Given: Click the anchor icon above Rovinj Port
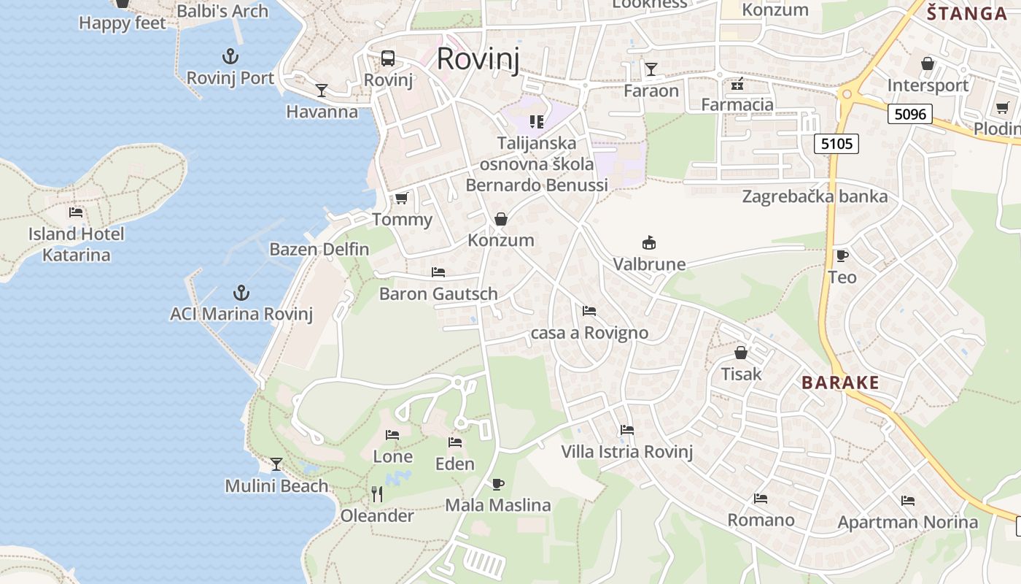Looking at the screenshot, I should pos(230,56).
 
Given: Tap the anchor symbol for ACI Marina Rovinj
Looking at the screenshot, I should pos(241,293).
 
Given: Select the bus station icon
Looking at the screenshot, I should pos(388,58).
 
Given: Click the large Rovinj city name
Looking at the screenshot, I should pos(478,59).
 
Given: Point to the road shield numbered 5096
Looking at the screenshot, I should pos(910,114).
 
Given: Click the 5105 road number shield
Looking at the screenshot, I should pos(836,144).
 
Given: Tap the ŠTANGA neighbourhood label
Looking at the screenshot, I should pos(967,13).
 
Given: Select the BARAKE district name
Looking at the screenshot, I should pos(840,383).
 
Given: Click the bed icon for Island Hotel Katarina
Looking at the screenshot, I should pos(76,212).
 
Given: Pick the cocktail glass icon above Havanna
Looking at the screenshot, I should pos(321,91).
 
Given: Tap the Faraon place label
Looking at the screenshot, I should pos(651,91).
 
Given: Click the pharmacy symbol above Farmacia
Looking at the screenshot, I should pos(737,83).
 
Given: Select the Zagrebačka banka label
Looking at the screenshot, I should pos(815,196).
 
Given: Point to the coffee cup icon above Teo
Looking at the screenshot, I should pos(842,255).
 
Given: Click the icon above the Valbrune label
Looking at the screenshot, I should pos(648,242).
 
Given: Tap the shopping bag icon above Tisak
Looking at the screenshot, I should pos(741,353).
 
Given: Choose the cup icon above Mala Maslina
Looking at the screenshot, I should pos(497,483).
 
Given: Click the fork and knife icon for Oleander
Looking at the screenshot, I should pos(377,494).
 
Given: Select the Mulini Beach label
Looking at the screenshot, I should pos(276,486).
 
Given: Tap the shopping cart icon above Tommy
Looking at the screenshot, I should pos(401,199).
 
